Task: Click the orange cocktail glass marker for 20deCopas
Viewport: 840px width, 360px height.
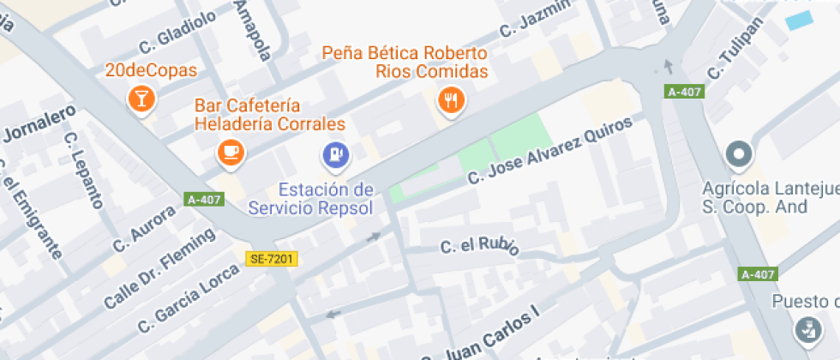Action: point(141,98)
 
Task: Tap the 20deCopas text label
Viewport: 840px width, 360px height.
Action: point(151,71)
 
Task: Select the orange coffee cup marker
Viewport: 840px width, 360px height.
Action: point(230,152)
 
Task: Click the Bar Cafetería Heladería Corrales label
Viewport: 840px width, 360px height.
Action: point(269,115)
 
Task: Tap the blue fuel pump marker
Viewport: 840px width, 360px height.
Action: point(334,154)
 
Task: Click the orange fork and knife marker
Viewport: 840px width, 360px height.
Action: point(451,101)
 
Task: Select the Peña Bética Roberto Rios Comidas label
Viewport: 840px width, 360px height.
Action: point(405,62)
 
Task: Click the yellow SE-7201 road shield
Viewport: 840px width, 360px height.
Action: point(271,258)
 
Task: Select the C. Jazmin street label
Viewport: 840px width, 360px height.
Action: point(534,17)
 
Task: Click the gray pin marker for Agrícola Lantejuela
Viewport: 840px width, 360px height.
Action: point(738,155)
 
